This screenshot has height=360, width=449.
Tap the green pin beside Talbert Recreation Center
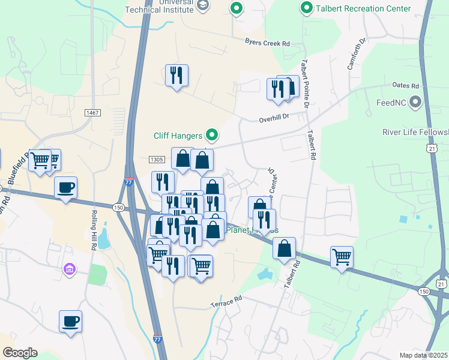tap(307, 8)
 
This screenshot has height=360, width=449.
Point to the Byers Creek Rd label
tap(267, 43)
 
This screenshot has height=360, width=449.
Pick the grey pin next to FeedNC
tap(415, 103)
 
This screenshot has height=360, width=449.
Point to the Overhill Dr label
tap(274, 119)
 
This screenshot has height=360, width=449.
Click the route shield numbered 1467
tap(92, 113)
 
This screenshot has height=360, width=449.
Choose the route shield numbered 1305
tap(156, 159)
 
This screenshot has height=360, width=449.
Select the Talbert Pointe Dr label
tap(305, 84)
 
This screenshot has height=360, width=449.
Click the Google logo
tap(20, 353)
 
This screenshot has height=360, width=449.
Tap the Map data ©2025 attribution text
tap(423, 355)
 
